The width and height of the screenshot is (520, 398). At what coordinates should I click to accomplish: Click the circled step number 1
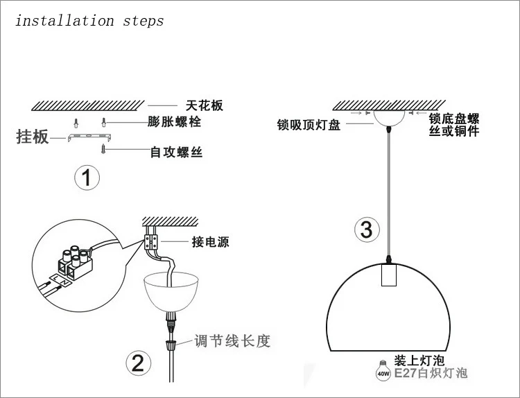(x=87, y=179)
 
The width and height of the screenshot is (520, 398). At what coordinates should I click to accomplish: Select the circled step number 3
(x=367, y=229)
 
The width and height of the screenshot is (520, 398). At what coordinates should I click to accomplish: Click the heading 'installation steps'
(x=89, y=20)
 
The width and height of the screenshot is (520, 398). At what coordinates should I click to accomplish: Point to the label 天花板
(x=205, y=106)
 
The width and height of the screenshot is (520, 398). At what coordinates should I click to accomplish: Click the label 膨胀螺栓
(x=175, y=123)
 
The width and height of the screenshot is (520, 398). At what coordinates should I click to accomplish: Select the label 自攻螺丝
(x=176, y=151)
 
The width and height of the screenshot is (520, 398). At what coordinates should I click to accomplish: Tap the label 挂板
(x=33, y=136)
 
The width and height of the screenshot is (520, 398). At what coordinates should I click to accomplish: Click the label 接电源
(x=210, y=242)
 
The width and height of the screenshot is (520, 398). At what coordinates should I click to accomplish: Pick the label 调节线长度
(x=231, y=341)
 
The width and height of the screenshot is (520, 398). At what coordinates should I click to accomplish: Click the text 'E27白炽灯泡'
(x=431, y=374)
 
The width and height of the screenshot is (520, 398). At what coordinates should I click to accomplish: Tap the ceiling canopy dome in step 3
(x=390, y=116)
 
